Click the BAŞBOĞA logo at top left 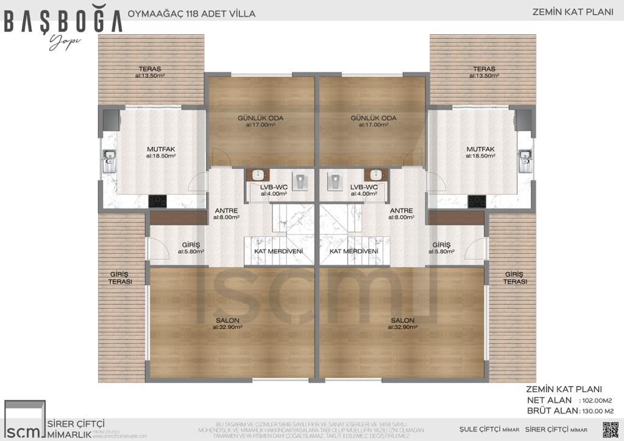pyautogui.click(x=63, y=21)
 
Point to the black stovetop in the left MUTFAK pyautogui.click(x=157, y=200)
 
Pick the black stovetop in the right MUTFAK pyautogui.click(x=477, y=201)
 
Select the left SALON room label pyautogui.click(x=227, y=320)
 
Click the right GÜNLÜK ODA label pyautogui.click(x=373, y=118)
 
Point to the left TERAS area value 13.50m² pyautogui.click(x=150, y=76)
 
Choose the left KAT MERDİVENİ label pyautogui.click(x=274, y=251)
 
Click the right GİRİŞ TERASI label pyautogui.click(x=515, y=278)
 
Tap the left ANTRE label pyautogui.click(x=226, y=210)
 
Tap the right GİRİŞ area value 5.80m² pyautogui.click(x=441, y=251)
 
